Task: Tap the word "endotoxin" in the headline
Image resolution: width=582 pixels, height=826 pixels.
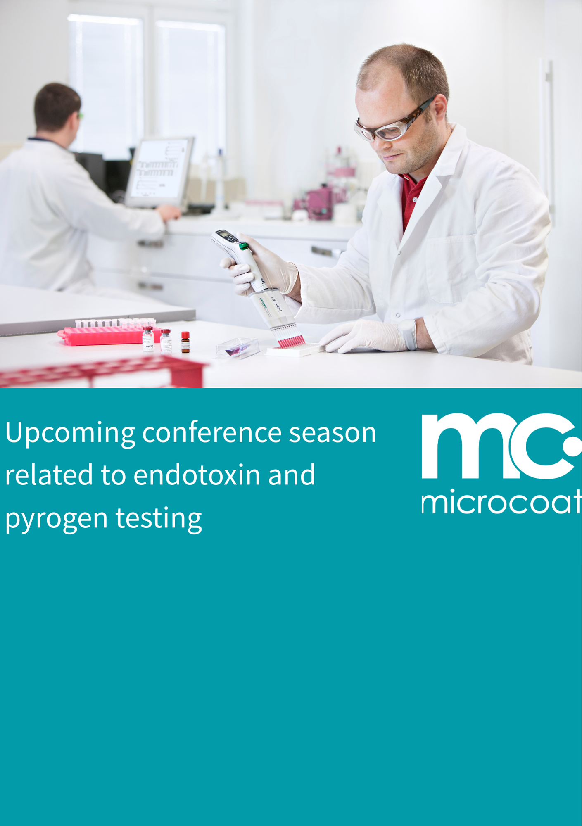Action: click(x=197, y=475)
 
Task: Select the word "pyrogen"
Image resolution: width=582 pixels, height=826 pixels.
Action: click(x=57, y=519)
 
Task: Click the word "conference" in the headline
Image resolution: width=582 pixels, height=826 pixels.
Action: click(x=212, y=433)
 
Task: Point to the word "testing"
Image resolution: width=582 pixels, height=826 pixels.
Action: click(x=159, y=519)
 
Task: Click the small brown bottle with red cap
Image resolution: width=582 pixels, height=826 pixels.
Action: click(x=185, y=342)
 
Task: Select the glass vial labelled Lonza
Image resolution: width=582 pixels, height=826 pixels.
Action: click(x=148, y=339)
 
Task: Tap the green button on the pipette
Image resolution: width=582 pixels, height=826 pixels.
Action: click(x=244, y=247)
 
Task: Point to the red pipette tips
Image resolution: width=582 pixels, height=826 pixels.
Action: click(x=292, y=341)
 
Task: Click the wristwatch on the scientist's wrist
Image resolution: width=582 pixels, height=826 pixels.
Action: click(x=409, y=334)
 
